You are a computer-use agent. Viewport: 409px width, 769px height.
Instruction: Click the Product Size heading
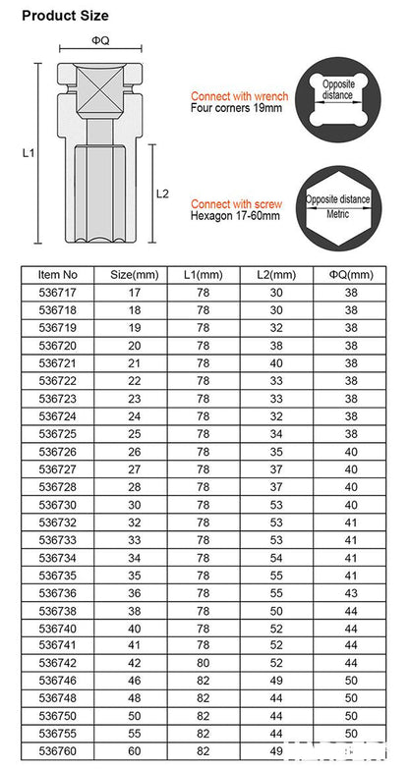pyautogui.click(x=65, y=16)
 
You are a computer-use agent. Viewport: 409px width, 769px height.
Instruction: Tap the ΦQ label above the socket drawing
pyautogui.click(x=99, y=40)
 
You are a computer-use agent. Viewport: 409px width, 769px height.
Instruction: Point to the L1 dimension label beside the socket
pyautogui.click(x=29, y=153)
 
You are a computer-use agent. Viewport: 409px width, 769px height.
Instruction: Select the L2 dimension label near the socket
pyautogui.click(x=163, y=193)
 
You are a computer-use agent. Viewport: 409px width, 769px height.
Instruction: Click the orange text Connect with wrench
pyautogui.click(x=239, y=96)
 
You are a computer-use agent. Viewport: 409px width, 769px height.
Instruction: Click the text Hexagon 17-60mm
pyautogui.click(x=235, y=216)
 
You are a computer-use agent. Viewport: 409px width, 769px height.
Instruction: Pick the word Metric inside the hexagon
pyautogui.click(x=337, y=212)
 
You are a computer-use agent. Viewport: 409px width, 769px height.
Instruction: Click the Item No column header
pyautogui.click(x=57, y=275)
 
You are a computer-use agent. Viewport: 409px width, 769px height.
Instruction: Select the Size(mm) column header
pyautogui.click(x=134, y=275)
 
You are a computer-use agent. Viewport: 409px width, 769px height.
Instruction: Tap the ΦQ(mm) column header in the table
pyautogui.click(x=351, y=275)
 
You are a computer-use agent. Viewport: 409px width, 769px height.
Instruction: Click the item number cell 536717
pyautogui.click(x=57, y=293)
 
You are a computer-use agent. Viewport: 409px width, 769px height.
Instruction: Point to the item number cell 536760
pyautogui.click(x=57, y=751)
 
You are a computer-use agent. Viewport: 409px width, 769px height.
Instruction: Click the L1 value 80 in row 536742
pyautogui.click(x=204, y=663)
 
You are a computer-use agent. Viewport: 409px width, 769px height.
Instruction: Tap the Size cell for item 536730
pyautogui.click(x=134, y=504)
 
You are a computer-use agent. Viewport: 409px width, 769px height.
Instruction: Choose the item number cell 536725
pyautogui.click(x=57, y=433)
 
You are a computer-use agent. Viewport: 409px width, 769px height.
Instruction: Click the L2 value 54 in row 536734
pyautogui.click(x=276, y=557)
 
